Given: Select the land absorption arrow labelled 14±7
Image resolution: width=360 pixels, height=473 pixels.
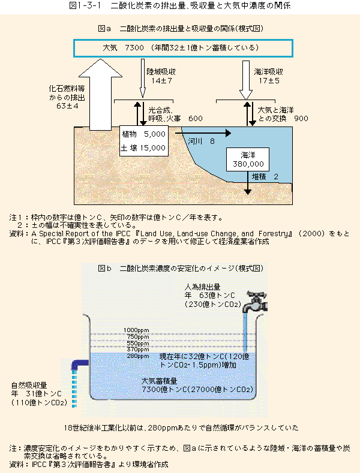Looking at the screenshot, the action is (143, 79).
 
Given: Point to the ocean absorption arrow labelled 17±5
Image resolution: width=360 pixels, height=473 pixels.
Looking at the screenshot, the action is (246, 80).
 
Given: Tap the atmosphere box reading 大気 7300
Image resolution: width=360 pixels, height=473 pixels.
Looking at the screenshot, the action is (183, 48).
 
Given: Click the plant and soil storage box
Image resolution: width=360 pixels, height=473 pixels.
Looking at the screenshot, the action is (144, 141).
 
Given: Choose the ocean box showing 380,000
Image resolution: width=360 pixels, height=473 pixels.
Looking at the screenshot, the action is (248, 159).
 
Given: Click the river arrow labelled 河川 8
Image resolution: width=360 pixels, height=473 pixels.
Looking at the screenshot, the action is (203, 133).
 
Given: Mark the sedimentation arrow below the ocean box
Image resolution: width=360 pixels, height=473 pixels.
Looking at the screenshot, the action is (248, 183).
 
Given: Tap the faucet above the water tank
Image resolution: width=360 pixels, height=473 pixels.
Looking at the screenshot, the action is (255, 302).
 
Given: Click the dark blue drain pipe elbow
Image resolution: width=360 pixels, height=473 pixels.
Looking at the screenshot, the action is (79, 364).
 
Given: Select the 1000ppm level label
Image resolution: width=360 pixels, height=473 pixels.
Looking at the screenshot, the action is (136, 330).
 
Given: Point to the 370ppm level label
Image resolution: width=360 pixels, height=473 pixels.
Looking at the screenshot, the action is (138, 350).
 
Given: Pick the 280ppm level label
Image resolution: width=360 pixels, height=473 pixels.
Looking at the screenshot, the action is (138, 356).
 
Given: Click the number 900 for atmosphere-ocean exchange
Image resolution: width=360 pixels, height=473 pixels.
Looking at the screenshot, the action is (301, 118).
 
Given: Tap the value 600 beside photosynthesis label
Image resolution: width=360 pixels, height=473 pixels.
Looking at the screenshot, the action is (196, 118).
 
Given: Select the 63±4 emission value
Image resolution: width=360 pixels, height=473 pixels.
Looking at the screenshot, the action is (67, 106).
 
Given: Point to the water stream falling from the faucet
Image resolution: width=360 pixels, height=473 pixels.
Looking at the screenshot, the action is (245, 333).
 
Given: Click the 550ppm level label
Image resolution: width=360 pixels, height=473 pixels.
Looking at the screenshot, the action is (138, 344).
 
